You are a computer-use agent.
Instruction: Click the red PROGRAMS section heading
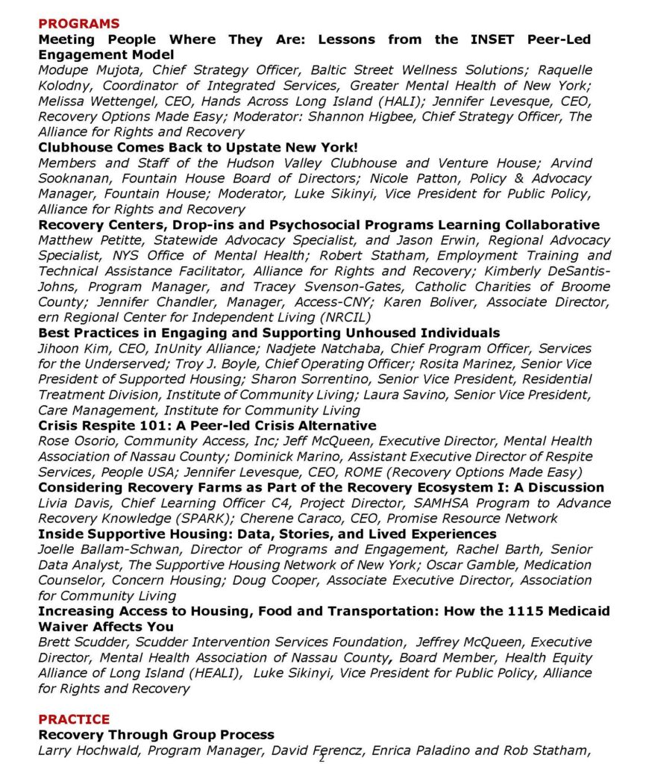pyautogui.click(x=78, y=24)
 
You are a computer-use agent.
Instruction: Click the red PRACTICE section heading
pyautogui.click(x=74, y=719)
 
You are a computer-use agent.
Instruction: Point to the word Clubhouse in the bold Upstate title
pyautogui.click(x=73, y=147)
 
